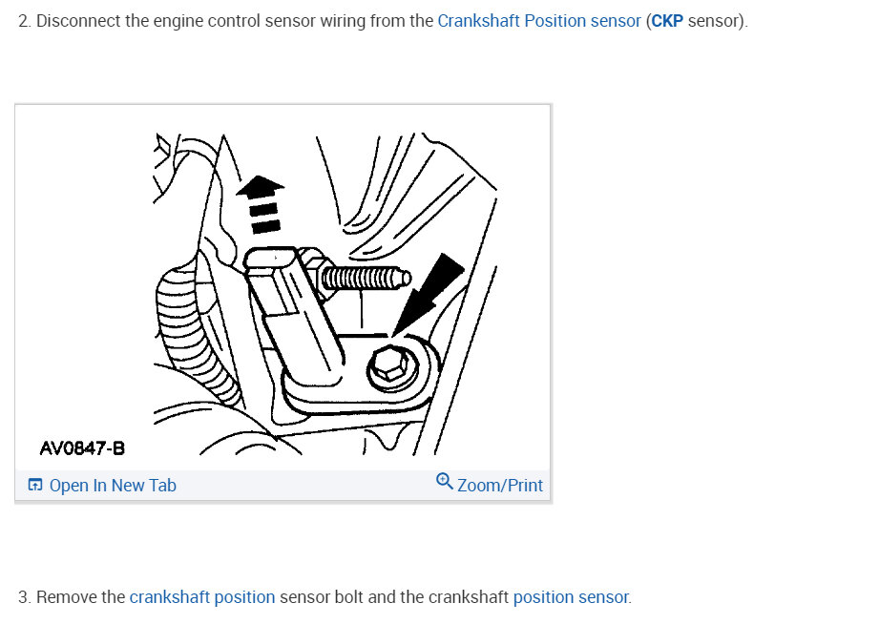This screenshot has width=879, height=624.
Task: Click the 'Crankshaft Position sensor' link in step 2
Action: (x=538, y=21)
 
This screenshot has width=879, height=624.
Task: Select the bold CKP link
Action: (x=667, y=21)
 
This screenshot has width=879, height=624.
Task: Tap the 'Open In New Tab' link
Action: (x=113, y=485)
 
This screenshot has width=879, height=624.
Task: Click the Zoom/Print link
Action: (x=500, y=485)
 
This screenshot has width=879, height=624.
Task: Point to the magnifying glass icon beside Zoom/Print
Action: (x=445, y=482)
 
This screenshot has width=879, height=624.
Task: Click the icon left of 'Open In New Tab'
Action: (x=34, y=485)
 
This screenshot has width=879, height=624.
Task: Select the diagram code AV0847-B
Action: (x=82, y=448)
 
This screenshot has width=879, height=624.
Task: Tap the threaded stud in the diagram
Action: (x=366, y=278)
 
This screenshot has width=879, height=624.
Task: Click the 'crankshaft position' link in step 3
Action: (x=202, y=597)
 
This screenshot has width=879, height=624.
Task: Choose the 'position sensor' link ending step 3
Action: (x=572, y=597)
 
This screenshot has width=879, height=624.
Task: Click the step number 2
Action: (x=24, y=21)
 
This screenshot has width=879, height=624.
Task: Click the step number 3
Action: (x=24, y=597)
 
